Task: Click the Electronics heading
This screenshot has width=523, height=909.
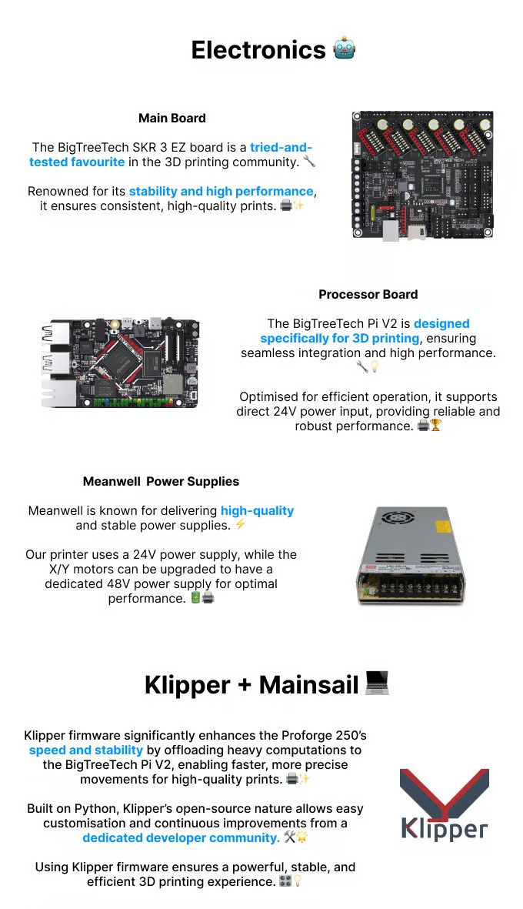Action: pyautogui.click(x=258, y=50)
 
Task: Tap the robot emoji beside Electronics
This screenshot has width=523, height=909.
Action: pyautogui.click(x=344, y=50)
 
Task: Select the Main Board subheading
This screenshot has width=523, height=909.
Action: pyautogui.click(x=172, y=118)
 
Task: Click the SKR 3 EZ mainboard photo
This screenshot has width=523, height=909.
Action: pyautogui.click(x=422, y=175)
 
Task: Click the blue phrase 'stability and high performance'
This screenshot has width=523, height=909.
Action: pyautogui.click(x=222, y=191)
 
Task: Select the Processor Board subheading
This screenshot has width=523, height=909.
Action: pyautogui.click(x=368, y=294)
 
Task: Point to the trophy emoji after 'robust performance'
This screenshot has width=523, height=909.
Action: pyautogui.click(x=436, y=426)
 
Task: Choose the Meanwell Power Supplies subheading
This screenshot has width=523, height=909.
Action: pyautogui.click(x=161, y=481)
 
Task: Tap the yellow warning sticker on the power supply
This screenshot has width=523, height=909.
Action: pyautogui.click(x=443, y=527)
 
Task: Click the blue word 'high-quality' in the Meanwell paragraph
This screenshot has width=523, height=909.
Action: pyautogui.click(x=257, y=510)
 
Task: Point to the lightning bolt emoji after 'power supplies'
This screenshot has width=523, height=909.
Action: pyautogui.click(x=241, y=525)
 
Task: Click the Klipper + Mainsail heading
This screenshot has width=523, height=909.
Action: pyautogui.click(x=252, y=684)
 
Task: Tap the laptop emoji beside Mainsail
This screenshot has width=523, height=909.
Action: pyautogui.click(x=377, y=683)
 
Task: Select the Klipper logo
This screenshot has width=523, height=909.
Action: pyautogui.click(x=444, y=805)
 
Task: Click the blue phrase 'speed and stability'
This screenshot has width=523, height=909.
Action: pyautogui.click(x=86, y=750)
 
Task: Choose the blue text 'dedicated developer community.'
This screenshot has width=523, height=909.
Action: pyautogui.click(x=181, y=837)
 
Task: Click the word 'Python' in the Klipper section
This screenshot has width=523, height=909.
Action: pyautogui.click(x=100, y=808)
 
